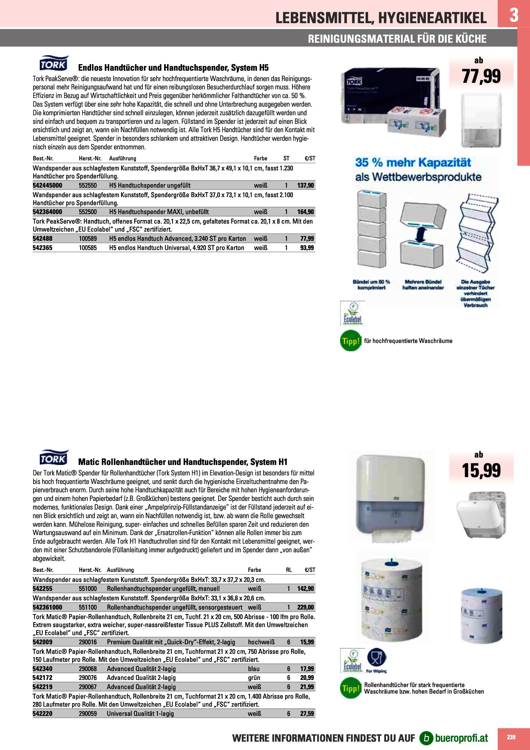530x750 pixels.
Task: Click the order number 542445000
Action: (x=47, y=185)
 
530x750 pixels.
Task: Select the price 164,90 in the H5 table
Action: (x=305, y=212)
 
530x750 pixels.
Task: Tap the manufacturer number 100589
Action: (x=88, y=238)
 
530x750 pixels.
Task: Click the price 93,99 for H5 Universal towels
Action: (x=307, y=248)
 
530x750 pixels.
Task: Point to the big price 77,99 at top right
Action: (x=481, y=76)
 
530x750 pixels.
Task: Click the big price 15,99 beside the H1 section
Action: (x=481, y=470)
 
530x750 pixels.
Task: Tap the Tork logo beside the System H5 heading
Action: (x=53, y=63)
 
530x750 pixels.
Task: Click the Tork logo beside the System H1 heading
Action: (x=53, y=458)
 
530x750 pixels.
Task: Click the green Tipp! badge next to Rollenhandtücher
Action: (x=350, y=688)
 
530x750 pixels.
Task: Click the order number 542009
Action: (x=42, y=642)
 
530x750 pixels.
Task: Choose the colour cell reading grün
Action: (x=253, y=678)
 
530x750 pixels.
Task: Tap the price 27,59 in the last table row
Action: (x=307, y=713)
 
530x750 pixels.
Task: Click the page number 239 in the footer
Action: (x=511, y=737)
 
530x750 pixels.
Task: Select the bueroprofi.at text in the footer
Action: (x=461, y=738)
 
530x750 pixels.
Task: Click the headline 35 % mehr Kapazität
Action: (x=413, y=162)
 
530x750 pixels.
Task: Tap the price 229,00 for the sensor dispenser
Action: (x=305, y=607)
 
